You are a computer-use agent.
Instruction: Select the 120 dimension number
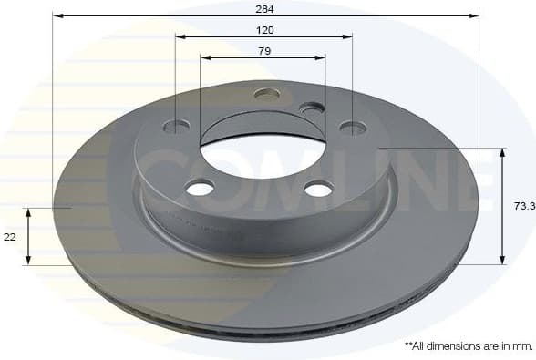[x=264, y=29]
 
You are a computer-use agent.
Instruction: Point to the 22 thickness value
[x=10, y=236]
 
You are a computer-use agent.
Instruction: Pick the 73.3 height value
[x=523, y=207]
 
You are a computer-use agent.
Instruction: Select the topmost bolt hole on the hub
[x=266, y=93]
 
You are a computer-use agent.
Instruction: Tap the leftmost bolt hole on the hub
[x=178, y=125]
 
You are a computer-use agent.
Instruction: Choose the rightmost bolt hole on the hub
[x=352, y=128]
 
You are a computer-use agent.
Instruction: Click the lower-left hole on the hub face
[x=200, y=188]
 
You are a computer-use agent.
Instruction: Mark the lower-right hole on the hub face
[x=319, y=189]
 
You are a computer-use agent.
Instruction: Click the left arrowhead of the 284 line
[x=57, y=15]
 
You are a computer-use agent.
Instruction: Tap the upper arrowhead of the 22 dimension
[x=29, y=211]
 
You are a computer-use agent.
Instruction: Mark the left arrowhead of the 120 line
[x=180, y=37]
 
